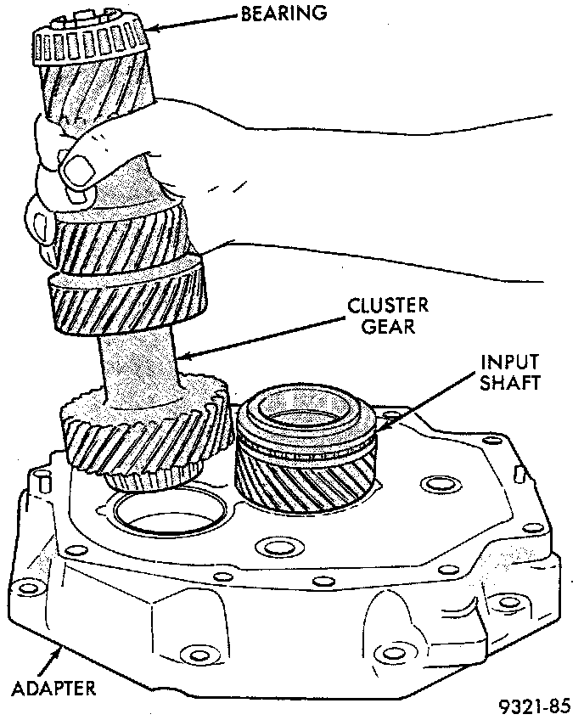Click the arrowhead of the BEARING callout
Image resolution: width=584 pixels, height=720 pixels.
152,29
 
